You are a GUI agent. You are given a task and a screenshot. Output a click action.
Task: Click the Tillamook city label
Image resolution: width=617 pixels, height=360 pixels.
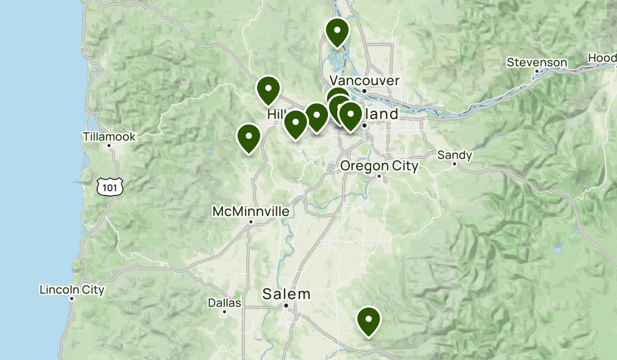pos(109,137)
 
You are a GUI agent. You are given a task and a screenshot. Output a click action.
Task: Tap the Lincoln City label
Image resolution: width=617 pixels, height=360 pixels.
pos(72,290)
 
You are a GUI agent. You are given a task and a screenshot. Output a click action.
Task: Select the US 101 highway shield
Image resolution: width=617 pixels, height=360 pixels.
pos(110,188)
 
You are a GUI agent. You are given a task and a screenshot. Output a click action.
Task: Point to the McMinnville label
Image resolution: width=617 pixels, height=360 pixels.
pos(251,211)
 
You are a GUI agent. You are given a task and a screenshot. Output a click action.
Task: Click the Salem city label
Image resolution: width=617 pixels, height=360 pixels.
pos(286,294)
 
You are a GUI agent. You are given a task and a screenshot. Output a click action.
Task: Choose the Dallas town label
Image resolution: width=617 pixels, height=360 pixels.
pos(225,303)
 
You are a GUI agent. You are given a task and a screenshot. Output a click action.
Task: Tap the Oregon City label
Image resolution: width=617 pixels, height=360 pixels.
pos(379,166)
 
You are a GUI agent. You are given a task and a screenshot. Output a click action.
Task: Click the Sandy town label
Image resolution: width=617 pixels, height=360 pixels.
pos(455,155)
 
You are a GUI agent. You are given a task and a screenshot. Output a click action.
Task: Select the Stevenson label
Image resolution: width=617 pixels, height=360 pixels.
pos(537,63)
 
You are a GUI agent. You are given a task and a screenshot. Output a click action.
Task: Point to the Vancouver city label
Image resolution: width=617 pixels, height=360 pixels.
pos(364,81)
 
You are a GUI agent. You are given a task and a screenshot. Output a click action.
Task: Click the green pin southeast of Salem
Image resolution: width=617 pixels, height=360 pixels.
pos(369,320)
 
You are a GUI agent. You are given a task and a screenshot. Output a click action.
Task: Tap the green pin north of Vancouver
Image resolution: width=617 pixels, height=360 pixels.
pos(337,32)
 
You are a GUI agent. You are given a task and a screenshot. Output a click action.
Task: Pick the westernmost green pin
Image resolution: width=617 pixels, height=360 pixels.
pos(249,138)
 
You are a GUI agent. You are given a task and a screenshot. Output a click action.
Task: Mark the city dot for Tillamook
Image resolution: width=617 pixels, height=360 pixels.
pos(109,146)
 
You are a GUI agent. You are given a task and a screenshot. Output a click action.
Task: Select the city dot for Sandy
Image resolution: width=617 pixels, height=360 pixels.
pos(455,164)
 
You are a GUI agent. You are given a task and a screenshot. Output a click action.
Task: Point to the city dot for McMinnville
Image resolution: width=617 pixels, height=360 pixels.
pos(251,222)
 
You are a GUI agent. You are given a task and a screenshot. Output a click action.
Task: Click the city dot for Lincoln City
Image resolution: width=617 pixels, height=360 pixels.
pos(71,299)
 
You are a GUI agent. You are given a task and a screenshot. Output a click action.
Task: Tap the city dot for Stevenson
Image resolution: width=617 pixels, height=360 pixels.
pos(537,71)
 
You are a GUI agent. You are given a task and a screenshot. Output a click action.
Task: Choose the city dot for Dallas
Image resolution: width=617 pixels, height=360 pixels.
pos(225,312)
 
